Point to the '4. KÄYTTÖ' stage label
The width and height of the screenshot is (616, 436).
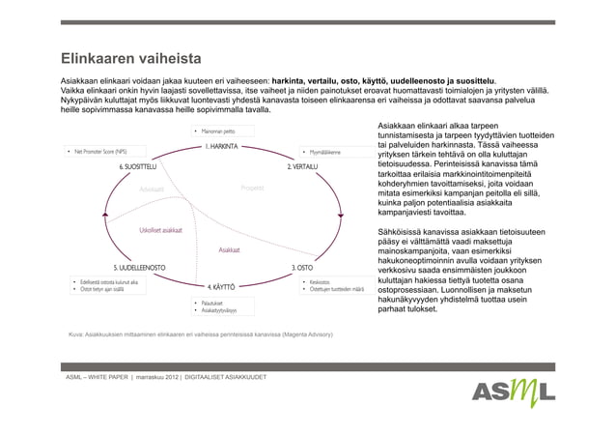point(223,286)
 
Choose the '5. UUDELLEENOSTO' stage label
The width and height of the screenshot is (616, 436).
point(137,266)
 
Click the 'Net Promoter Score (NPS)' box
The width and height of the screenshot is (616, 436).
point(98,152)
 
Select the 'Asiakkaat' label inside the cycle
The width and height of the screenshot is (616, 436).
point(229,248)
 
